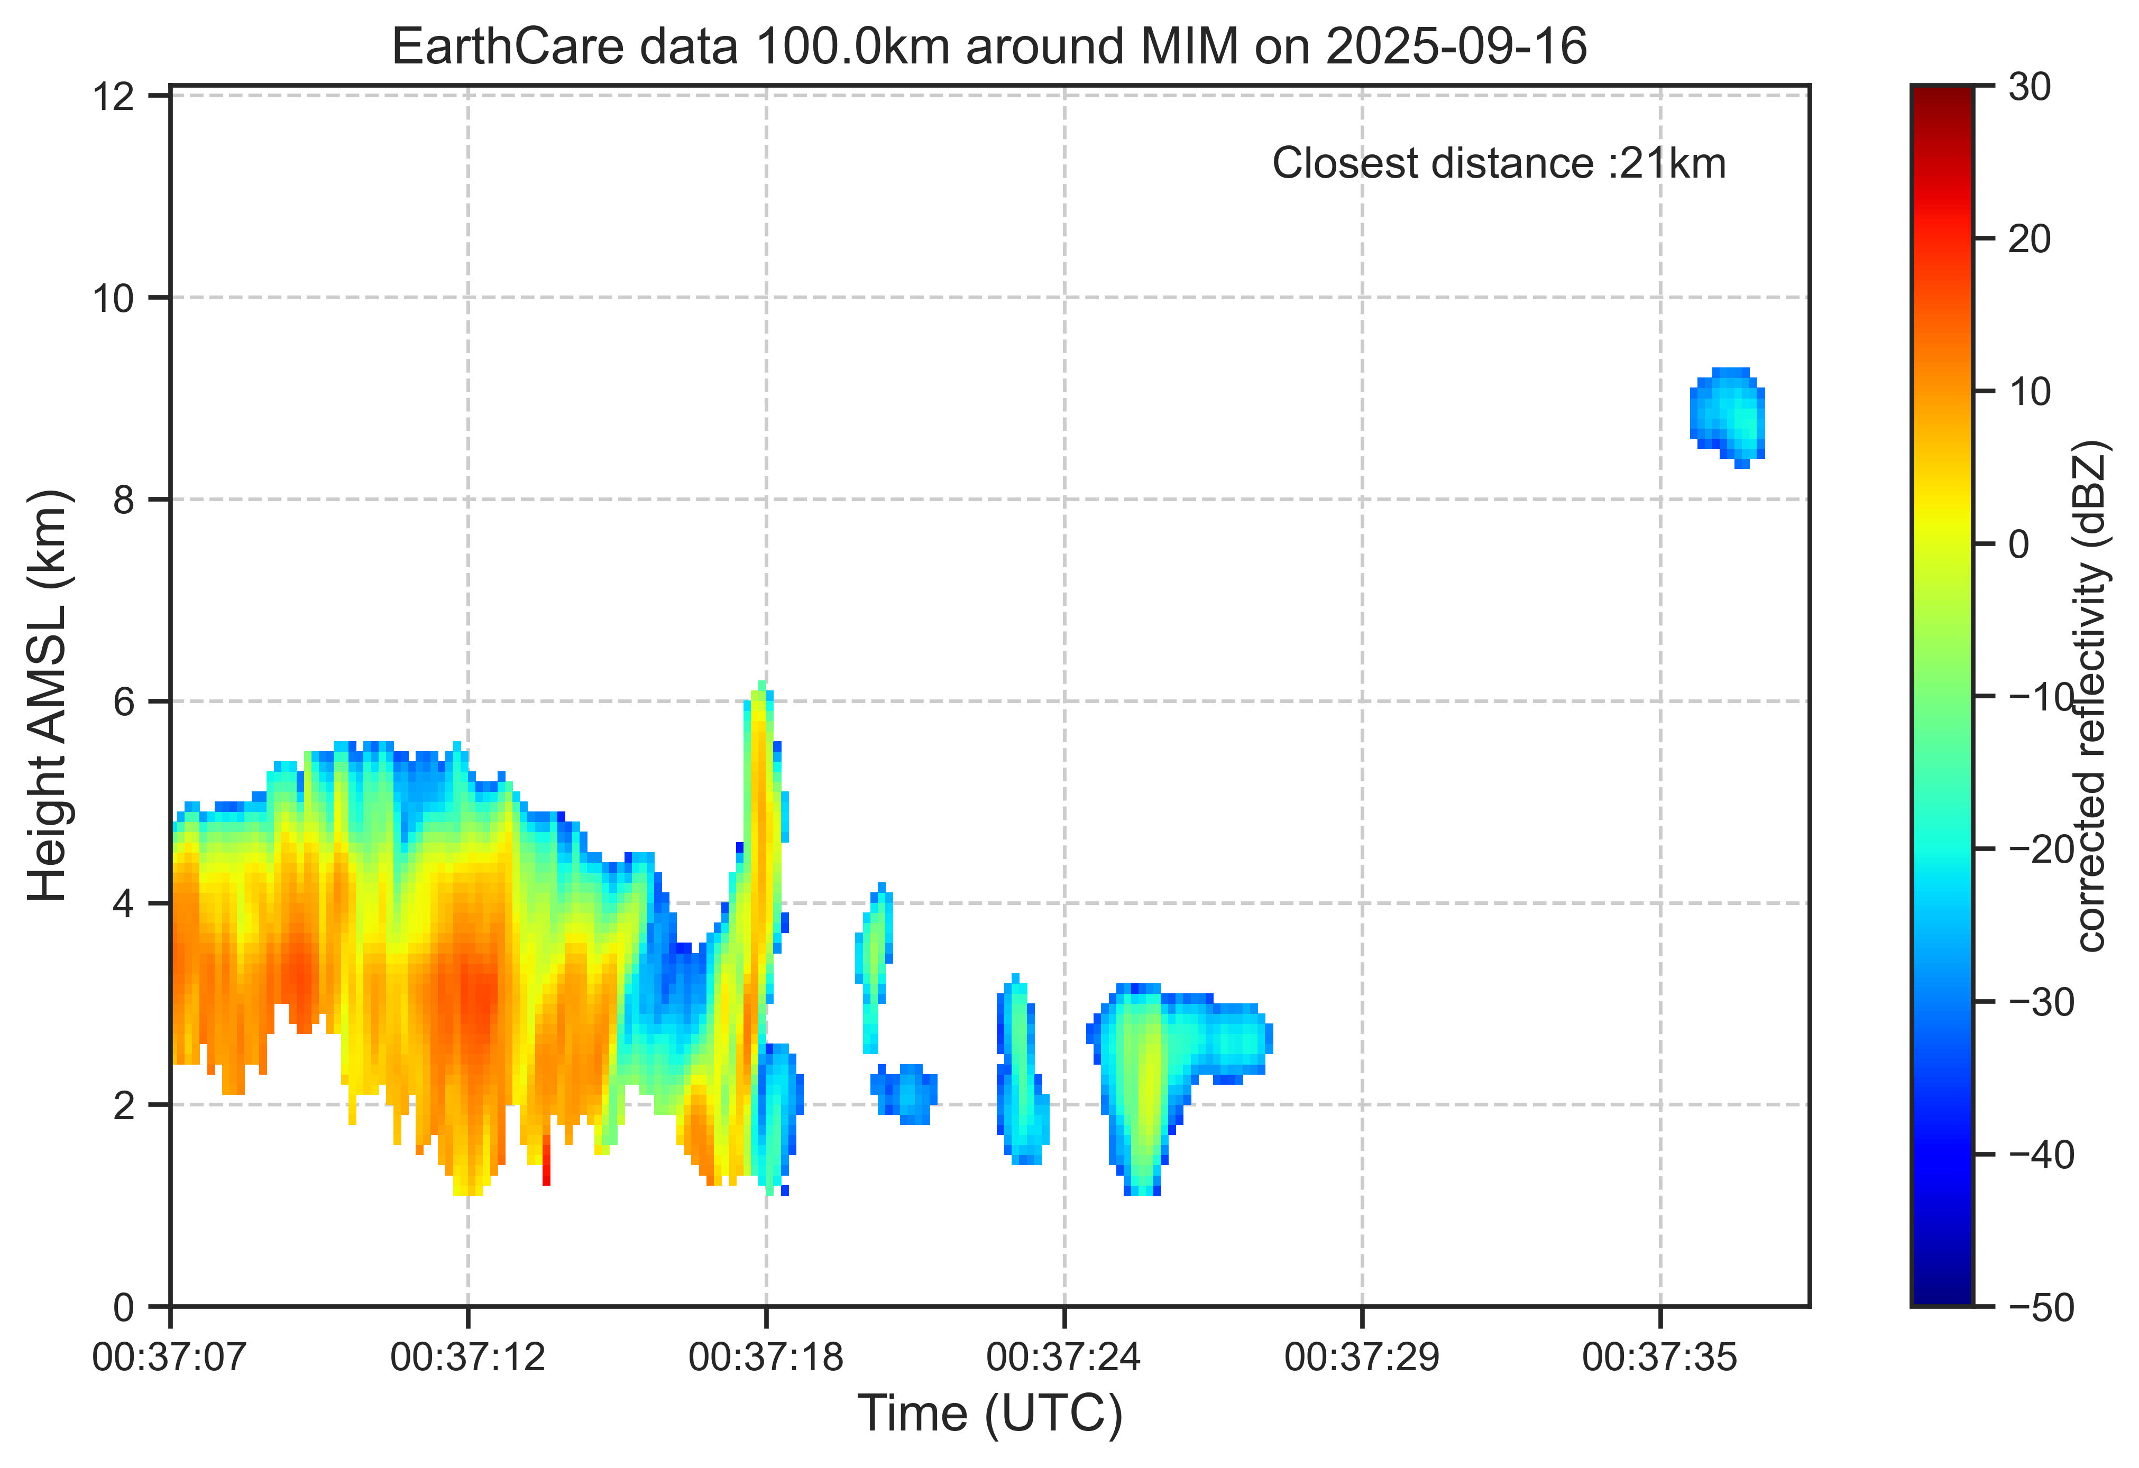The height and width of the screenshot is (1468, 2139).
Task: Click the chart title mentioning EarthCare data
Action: click(989, 46)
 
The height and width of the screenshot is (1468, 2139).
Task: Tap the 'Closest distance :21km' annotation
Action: click(1499, 164)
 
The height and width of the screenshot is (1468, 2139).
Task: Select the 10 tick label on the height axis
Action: click(114, 298)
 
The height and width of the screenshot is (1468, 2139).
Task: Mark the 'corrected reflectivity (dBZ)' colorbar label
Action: click(2091, 696)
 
